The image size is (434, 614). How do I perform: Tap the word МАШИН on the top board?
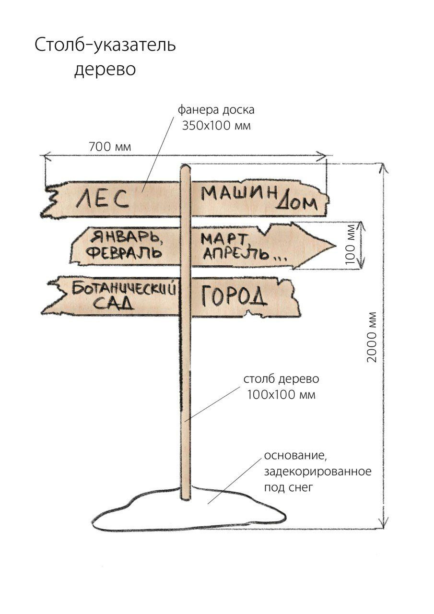(238, 192)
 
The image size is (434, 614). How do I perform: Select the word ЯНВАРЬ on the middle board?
(126, 237)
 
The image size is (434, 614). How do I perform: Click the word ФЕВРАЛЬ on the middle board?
(123, 253)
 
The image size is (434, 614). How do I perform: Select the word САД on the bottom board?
(114, 303)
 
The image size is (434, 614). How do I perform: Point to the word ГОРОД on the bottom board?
(234, 296)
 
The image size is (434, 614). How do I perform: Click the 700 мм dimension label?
(110, 147)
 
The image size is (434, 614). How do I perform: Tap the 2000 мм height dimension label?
(371, 337)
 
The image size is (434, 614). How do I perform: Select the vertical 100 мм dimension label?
(351, 245)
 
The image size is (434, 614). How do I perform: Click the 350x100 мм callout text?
(216, 126)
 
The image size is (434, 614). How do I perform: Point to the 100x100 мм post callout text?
(282, 395)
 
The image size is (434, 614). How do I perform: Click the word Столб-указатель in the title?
(105, 46)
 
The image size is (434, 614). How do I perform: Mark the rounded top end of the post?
(185, 166)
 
